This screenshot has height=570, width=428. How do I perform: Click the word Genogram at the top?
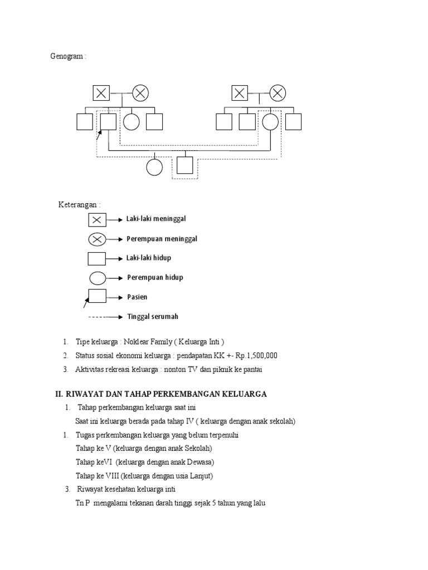point(68,56)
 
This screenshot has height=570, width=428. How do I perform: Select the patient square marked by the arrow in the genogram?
point(108,121)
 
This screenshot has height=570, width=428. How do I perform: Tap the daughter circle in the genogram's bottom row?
point(154,166)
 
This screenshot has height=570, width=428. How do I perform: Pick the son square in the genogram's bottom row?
point(184,165)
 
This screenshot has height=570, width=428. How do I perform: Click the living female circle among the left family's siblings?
point(132,121)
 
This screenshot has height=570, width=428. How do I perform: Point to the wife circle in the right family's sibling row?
point(270,121)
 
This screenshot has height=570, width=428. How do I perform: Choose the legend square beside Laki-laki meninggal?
point(97,220)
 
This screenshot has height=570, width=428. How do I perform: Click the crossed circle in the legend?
point(97,239)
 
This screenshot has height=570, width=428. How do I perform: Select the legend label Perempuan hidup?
point(155,277)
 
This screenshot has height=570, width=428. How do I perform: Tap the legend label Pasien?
point(137,297)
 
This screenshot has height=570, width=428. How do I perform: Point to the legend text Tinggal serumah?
point(153,317)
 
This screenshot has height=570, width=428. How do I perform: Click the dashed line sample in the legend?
point(96,317)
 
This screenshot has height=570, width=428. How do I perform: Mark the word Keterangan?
point(79,204)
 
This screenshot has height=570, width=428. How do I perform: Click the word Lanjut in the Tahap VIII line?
point(202,476)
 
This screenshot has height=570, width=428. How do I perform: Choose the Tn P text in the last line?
point(82,503)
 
